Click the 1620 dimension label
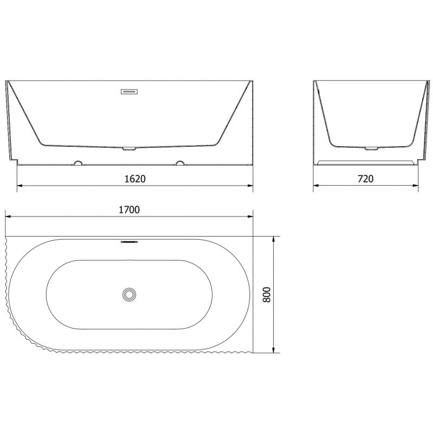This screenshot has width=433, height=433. point(135,178)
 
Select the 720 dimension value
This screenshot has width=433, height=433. point(366,178)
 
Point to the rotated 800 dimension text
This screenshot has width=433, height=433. point(265,294)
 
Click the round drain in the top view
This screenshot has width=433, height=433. point(129,294)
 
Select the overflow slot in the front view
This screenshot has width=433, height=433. point(129,91)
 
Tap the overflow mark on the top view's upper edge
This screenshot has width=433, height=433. point(129,242)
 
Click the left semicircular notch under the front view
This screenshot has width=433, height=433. point(79,162)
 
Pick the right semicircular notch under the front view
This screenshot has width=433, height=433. point(180,162)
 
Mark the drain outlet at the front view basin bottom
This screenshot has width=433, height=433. point(129,148)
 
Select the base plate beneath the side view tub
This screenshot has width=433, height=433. point(366,162)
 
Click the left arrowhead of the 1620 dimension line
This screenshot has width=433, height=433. point(20,185)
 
